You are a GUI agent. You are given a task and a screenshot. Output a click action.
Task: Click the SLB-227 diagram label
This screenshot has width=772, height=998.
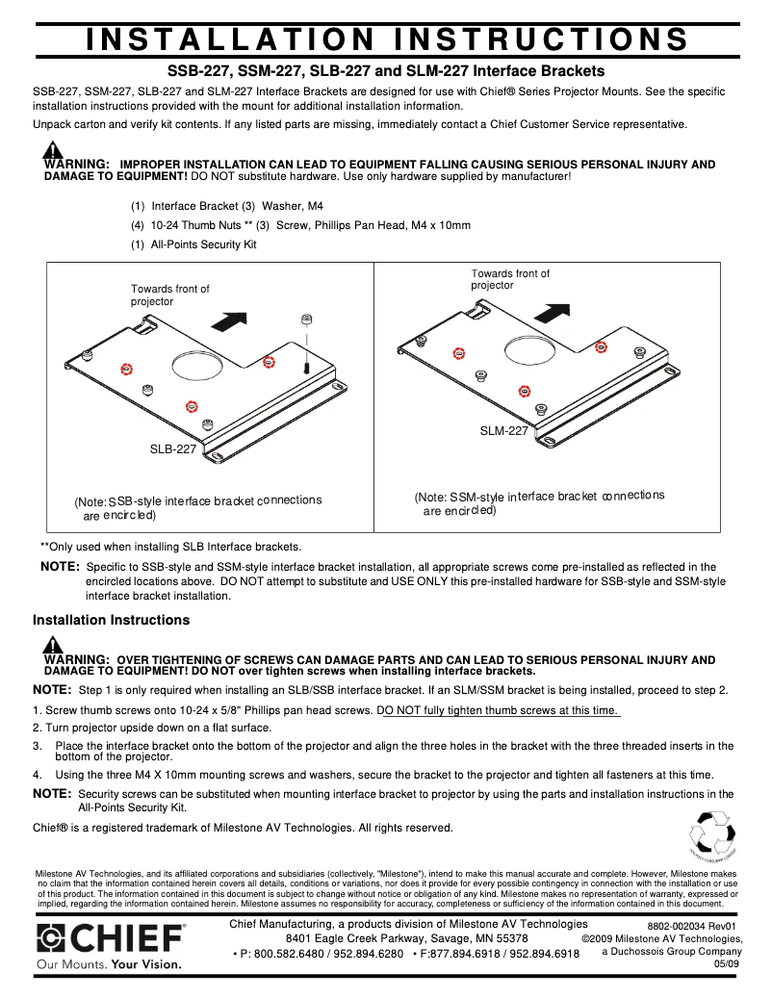point(173,448)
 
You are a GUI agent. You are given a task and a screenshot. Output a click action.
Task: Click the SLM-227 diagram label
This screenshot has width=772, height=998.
point(503,431)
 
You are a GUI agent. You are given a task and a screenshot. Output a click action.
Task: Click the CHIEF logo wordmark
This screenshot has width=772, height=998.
point(111,938)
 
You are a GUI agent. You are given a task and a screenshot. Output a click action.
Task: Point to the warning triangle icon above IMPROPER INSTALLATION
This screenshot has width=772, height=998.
point(53,150)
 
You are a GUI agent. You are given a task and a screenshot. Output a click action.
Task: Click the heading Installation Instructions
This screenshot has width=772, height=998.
point(112,620)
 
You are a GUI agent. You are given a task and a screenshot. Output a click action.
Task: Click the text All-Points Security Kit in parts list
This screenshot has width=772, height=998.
point(203,244)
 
